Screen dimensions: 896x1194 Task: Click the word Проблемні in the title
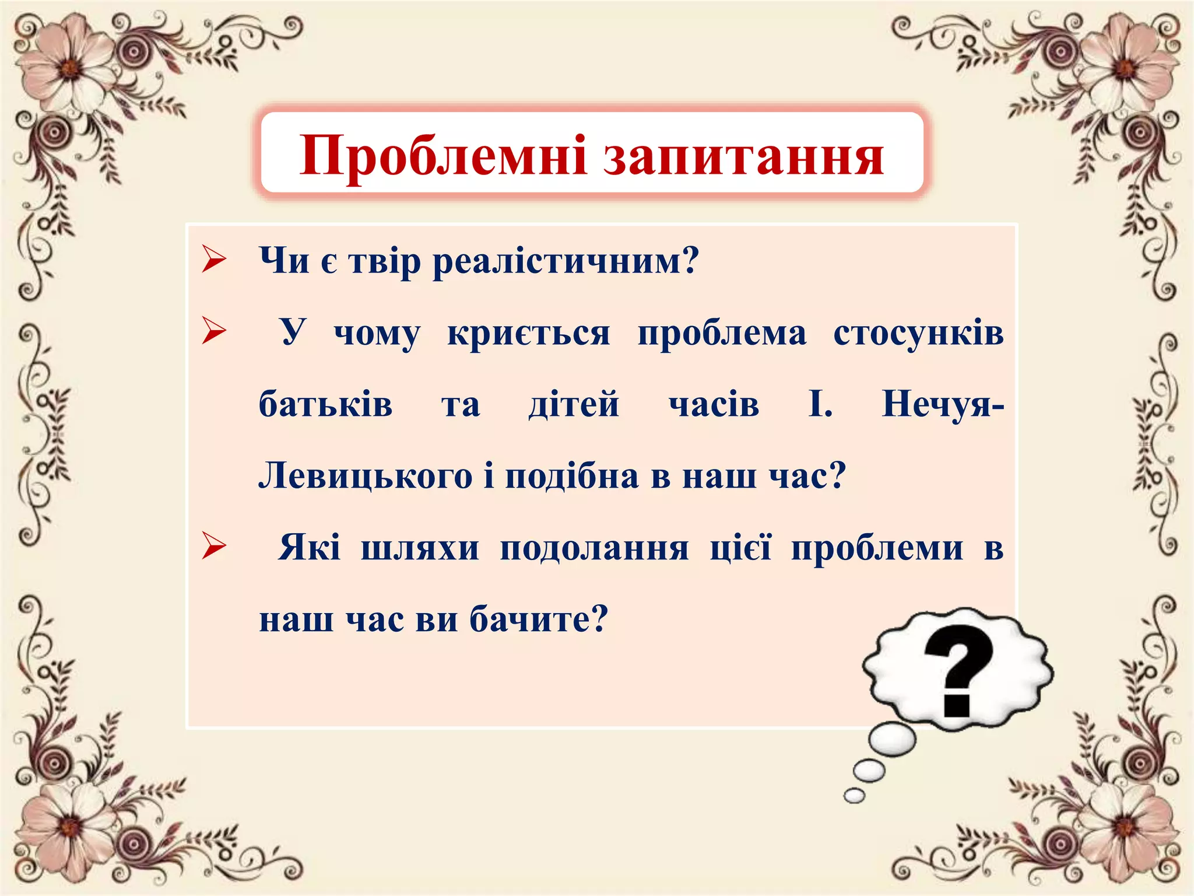[x=443, y=156]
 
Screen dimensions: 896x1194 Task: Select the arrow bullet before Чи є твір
[x=214, y=260]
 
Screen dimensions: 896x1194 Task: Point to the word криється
[x=528, y=333]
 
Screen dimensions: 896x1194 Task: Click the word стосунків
[x=918, y=333]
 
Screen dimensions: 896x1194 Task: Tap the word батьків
[x=325, y=404]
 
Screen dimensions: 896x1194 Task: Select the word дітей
[x=574, y=404]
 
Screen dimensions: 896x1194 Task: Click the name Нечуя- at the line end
[x=942, y=404]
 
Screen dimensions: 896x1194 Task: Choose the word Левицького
[x=365, y=476]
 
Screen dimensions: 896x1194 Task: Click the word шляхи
[x=420, y=548]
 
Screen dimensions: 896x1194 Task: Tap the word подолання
[x=594, y=548]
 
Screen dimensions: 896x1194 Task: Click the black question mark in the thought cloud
[x=958, y=671]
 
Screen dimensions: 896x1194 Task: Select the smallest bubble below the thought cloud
[x=854, y=795]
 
